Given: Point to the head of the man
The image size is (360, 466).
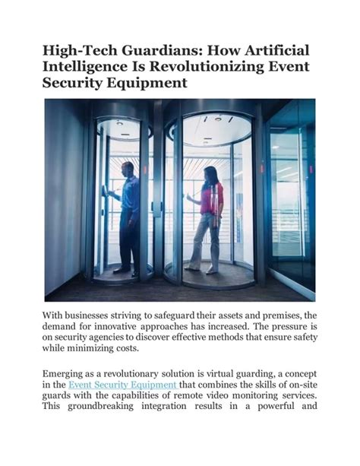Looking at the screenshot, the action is [x=128, y=169].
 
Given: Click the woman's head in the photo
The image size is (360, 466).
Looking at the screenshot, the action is [x=210, y=174].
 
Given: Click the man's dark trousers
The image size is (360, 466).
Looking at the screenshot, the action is [x=130, y=239].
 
